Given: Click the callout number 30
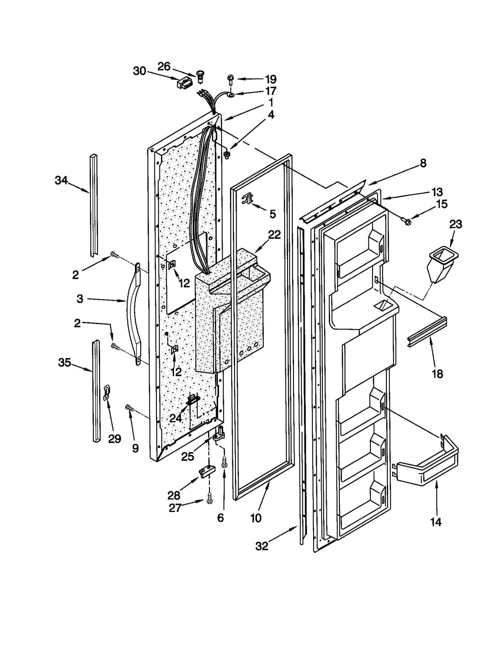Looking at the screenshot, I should pos(140,72).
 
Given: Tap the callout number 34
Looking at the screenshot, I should pos(61,180).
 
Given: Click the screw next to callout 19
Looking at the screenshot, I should pos(230,79).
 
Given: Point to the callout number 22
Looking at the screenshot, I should pos(274,235).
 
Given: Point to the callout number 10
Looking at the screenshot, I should pos(256,518).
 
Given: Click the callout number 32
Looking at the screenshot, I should pos(262,546).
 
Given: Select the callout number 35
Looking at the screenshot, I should pos(64,363).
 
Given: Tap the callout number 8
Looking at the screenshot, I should pos(423,163).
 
